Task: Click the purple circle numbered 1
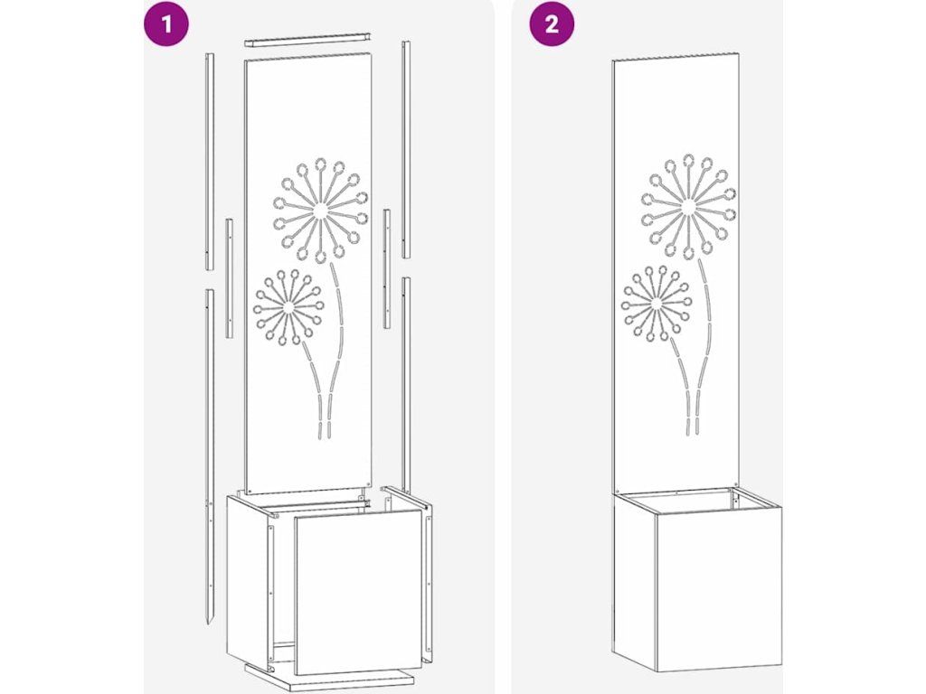(166, 24)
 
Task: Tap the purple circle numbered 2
(551, 24)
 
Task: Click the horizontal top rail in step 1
(307, 39)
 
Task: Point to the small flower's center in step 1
(288, 307)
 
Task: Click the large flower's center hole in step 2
(687, 206)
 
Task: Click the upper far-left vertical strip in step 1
(210, 161)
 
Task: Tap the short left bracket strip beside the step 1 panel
(229, 278)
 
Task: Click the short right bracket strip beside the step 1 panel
(387, 268)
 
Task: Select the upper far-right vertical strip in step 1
(406, 149)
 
